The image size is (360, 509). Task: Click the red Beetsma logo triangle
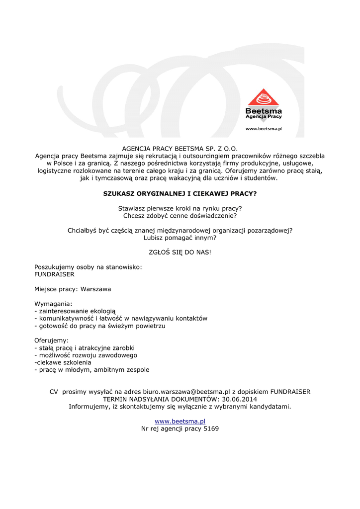point(264,98)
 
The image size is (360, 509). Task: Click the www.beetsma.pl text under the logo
point(264,129)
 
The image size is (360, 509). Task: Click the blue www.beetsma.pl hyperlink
point(180,421)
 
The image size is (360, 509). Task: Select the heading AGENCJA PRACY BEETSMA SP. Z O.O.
point(180,149)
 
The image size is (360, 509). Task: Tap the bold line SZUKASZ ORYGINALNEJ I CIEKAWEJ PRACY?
point(180,193)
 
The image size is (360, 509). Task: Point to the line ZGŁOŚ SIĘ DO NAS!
point(180,252)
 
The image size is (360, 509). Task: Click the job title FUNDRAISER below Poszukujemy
point(54,274)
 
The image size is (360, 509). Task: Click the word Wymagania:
point(53,304)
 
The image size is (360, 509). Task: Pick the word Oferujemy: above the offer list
point(52,340)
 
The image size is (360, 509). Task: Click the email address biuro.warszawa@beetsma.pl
point(186,392)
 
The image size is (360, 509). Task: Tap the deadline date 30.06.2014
point(240,399)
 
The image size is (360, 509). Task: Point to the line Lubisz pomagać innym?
point(180,238)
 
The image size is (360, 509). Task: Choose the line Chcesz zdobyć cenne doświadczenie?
point(180,215)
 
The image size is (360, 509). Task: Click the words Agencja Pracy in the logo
point(264,116)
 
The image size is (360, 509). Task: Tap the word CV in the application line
point(54,392)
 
